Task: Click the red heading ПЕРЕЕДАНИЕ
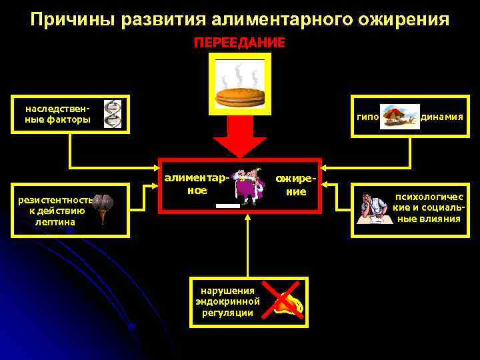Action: pyautogui.click(x=239, y=43)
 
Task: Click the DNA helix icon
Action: pyautogui.click(x=113, y=114)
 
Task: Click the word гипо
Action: pyautogui.click(x=367, y=117)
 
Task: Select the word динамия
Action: pyautogui.click(x=441, y=117)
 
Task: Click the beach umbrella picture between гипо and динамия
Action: pyautogui.click(x=399, y=115)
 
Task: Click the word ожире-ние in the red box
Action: pyautogui.click(x=293, y=185)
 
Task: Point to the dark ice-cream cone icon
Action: pyautogui.click(x=102, y=209)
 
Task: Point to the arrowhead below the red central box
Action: pyautogui.click(x=247, y=217)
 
